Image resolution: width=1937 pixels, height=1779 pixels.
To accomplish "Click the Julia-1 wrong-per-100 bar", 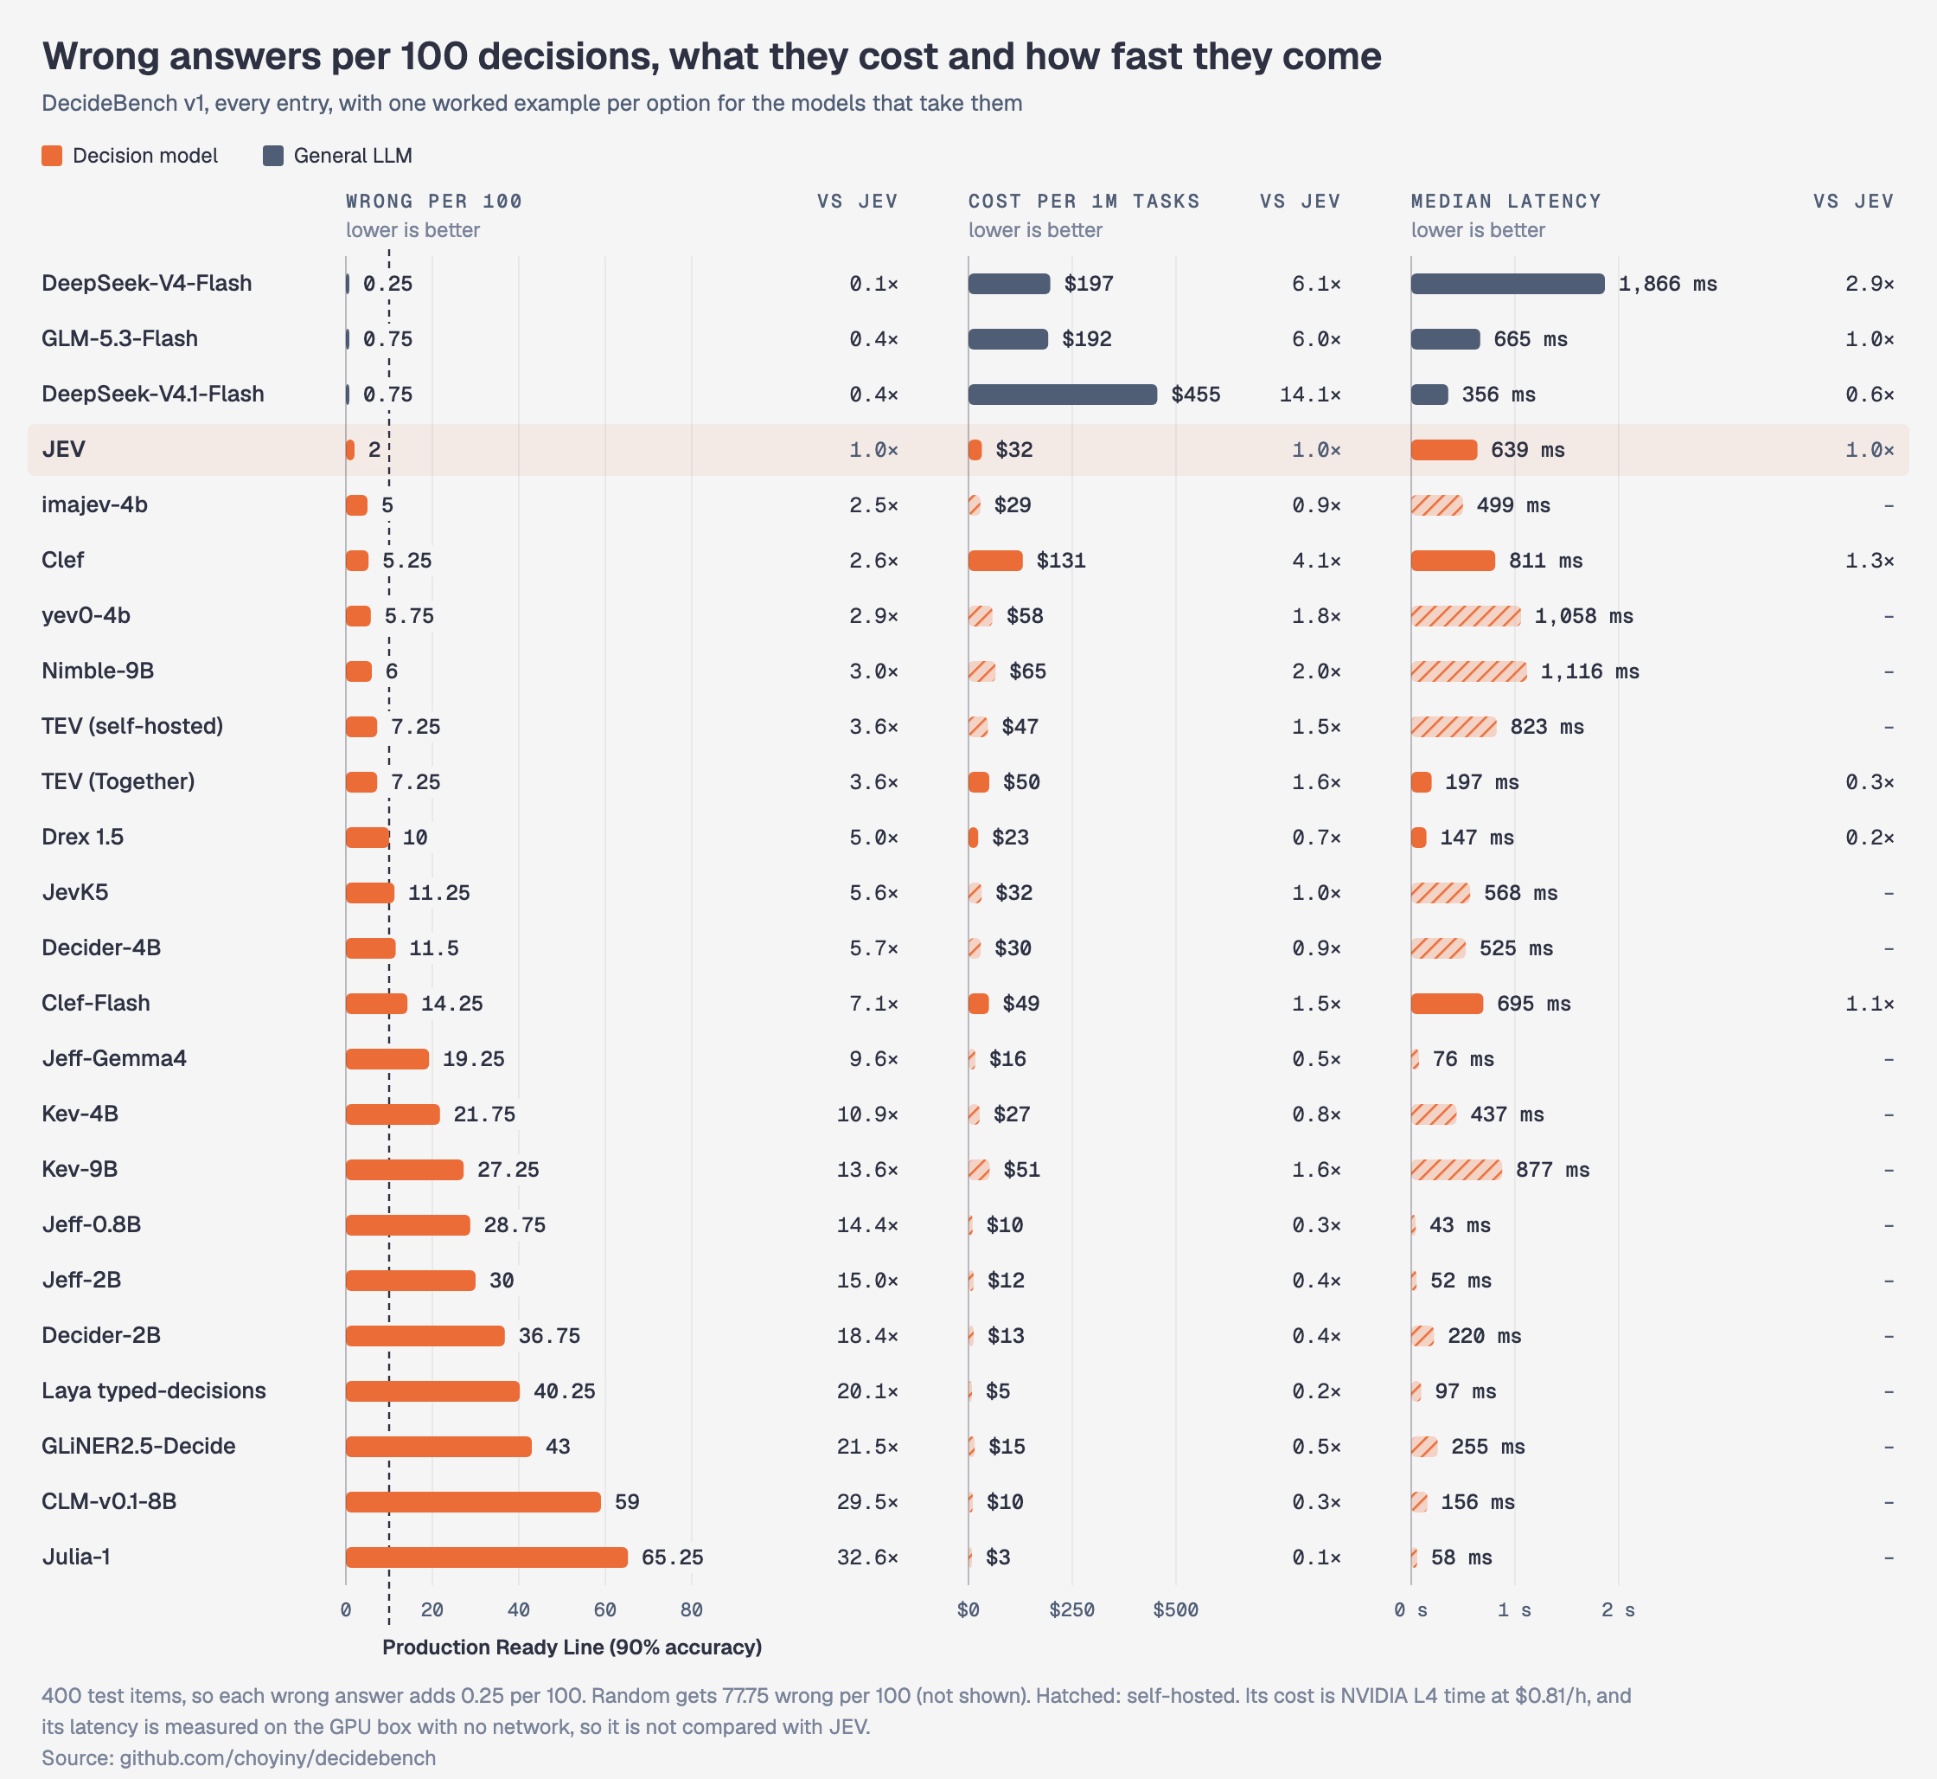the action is [486, 1557].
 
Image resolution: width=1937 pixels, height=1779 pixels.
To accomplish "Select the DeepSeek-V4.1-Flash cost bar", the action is [1062, 394].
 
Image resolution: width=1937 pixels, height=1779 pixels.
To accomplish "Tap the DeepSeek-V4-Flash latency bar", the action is [1508, 283].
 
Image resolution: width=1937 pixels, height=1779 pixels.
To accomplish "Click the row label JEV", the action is [63, 450].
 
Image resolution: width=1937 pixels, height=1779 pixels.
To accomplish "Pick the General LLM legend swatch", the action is [273, 156].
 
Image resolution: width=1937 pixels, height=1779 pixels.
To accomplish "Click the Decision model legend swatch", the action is [52, 156].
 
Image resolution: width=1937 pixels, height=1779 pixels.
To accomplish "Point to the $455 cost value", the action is [1196, 394].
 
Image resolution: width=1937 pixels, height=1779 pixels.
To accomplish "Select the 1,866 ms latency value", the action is [1667, 283].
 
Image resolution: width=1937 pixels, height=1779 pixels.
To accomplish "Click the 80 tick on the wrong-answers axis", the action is [691, 1609].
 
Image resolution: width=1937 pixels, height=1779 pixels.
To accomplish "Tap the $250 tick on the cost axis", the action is [1072, 1609].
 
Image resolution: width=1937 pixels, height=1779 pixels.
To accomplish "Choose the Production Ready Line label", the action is [572, 1647].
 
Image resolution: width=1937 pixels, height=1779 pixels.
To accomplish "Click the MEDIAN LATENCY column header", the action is [1505, 202].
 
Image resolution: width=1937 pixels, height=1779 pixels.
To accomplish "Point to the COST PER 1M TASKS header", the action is [1084, 202].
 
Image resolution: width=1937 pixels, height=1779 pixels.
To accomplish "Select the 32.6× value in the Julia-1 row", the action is [867, 1557].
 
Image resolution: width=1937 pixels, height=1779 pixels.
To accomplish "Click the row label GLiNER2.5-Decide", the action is [138, 1446].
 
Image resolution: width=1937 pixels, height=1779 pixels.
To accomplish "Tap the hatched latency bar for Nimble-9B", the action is [1468, 671].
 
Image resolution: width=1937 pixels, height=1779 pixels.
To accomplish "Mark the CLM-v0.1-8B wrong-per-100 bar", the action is [472, 1502].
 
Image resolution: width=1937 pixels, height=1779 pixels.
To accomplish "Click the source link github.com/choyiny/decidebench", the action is [278, 1758].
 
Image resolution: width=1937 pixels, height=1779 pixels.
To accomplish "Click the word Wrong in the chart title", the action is [100, 57].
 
